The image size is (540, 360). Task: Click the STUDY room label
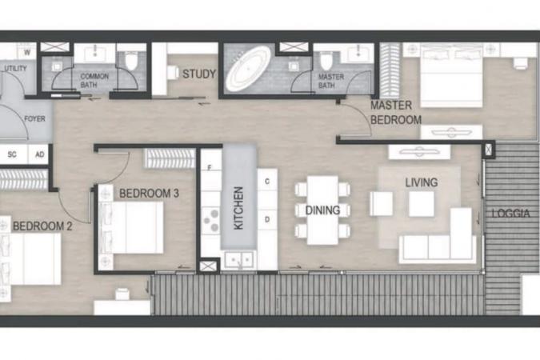tap(199, 74)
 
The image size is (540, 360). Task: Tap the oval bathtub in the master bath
tap(248, 68)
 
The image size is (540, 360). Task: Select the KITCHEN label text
tap(238, 208)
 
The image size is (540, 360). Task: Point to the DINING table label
tap(322, 210)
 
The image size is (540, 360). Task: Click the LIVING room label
tap(422, 182)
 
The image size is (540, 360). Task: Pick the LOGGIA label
tap(510, 214)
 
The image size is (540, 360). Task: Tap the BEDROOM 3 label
tap(149, 194)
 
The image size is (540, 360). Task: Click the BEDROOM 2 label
tap(42, 226)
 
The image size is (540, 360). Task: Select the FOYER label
tap(34, 119)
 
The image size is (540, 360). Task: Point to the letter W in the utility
tap(27, 52)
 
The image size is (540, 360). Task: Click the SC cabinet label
tap(12, 154)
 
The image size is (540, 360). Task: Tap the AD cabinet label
tap(40, 154)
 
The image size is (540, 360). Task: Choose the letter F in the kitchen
tap(209, 168)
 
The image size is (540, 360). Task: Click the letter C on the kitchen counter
tap(267, 182)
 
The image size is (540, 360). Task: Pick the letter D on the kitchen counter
tap(267, 219)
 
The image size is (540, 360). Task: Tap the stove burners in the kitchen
tap(210, 220)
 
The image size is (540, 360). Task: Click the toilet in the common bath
tap(131, 61)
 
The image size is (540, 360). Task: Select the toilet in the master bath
tap(326, 61)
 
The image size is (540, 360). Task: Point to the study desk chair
tap(173, 72)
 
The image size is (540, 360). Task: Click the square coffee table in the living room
tap(422, 203)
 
